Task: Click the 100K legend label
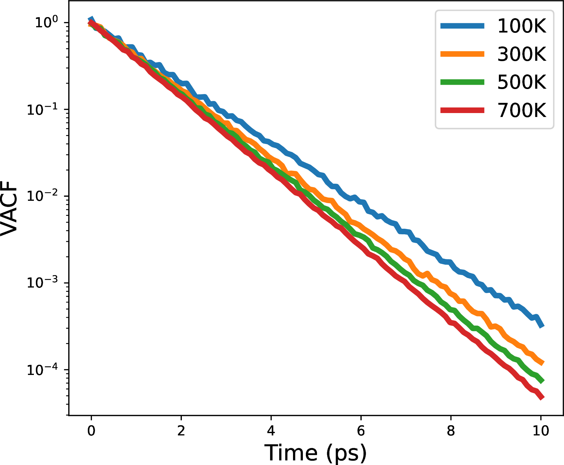click(522, 26)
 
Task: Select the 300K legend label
click(522, 54)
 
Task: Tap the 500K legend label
click(522, 82)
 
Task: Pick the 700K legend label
click(522, 110)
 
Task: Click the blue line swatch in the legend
click(462, 26)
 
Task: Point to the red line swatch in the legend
click(462, 110)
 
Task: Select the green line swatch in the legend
click(462, 82)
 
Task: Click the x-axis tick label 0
click(91, 430)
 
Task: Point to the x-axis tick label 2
click(181, 430)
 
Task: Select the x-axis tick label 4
click(271, 430)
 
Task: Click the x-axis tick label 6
click(361, 430)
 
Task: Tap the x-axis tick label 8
click(451, 430)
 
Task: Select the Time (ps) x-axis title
click(315, 453)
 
